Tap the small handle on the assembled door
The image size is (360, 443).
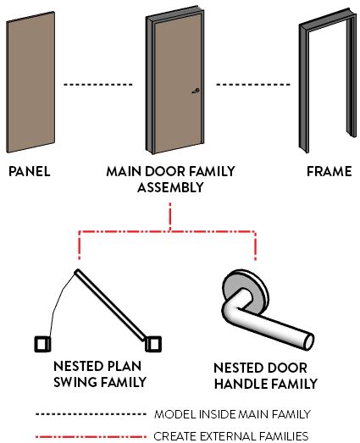pyautogui.click(x=196, y=92)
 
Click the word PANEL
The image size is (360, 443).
pyautogui.click(x=30, y=171)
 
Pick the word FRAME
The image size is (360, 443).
pyautogui.click(x=330, y=171)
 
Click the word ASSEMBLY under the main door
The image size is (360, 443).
pyautogui.click(x=170, y=187)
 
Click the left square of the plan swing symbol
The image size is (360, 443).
pyautogui.click(x=42, y=344)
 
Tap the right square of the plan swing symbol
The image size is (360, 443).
pyautogui.click(x=152, y=344)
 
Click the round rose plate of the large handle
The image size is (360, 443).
pyautogui.click(x=246, y=289)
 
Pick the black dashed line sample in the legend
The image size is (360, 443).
pyautogui.click(x=88, y=415)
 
